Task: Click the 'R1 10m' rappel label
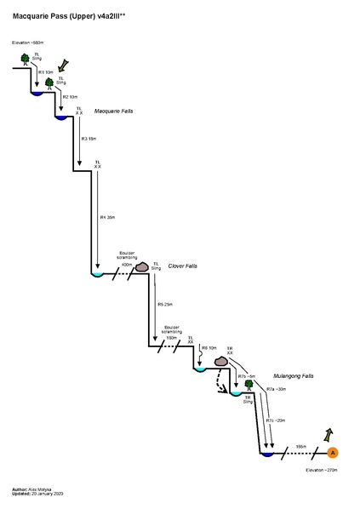[46, 72]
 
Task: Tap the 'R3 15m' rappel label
[88, 138]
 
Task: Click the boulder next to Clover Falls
[142, 266]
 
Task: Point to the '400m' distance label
[127, 265]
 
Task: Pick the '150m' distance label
[171, 338]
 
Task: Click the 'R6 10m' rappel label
[209, 348]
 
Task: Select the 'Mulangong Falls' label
[294, 375]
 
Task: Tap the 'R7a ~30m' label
[277, 389]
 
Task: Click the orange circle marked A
[333, 452]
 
